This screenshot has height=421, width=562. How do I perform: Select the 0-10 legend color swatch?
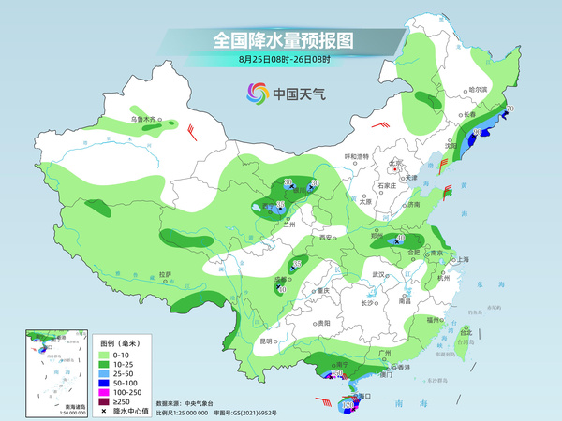pyautogui.click(x=105, y=354)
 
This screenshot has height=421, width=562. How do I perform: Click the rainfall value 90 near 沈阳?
pyautogui.click(x=477, y=134)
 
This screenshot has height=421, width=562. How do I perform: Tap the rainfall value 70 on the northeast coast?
pyautogui.click(x=510, y=109)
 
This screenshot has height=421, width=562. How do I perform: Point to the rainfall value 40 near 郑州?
pyautogui.click(x=401, y=240)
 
